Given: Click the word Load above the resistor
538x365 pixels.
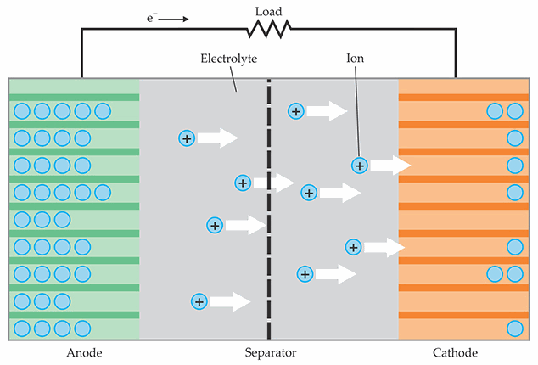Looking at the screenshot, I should (268, 13).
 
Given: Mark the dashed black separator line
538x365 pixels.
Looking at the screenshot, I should (269, 212).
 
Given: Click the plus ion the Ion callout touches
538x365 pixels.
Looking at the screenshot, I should (360, 166).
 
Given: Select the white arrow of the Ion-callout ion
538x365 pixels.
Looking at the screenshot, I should (390, 166).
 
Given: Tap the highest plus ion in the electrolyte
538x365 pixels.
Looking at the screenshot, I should (295, 111).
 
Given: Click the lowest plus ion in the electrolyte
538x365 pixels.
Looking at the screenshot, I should (199, 301).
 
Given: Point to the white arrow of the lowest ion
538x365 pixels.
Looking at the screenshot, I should (229, 301).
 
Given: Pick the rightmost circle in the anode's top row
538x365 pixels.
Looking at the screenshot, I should (103, 111).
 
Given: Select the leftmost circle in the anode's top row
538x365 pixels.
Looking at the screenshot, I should (22, 111).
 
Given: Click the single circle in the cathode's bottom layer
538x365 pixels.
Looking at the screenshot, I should (513, 328).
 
